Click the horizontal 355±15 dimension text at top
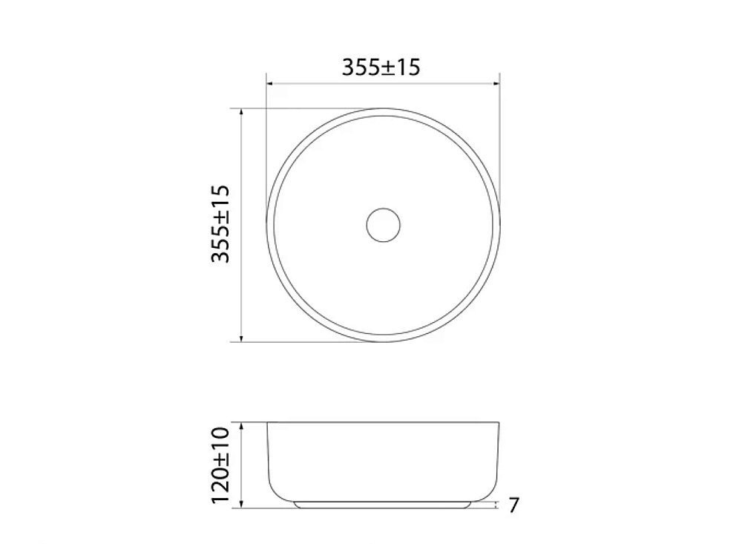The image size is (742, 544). (x=381, y=67)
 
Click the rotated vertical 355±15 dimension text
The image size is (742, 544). (x=222, y=224)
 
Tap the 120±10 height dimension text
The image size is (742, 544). (x=222, y=465)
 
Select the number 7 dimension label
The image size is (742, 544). (x=513, y=506)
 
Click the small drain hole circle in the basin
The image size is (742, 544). (x=383, y=224)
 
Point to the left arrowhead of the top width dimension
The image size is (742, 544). (x=270, y=84)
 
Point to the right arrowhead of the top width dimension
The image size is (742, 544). (x=496, y=84)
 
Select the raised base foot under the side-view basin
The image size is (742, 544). (x=383, y=505)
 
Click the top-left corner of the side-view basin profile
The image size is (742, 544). (x=267, y=423)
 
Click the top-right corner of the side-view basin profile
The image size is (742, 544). (x=499, y=423)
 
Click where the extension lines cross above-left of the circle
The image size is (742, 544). (x=266, y=108)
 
